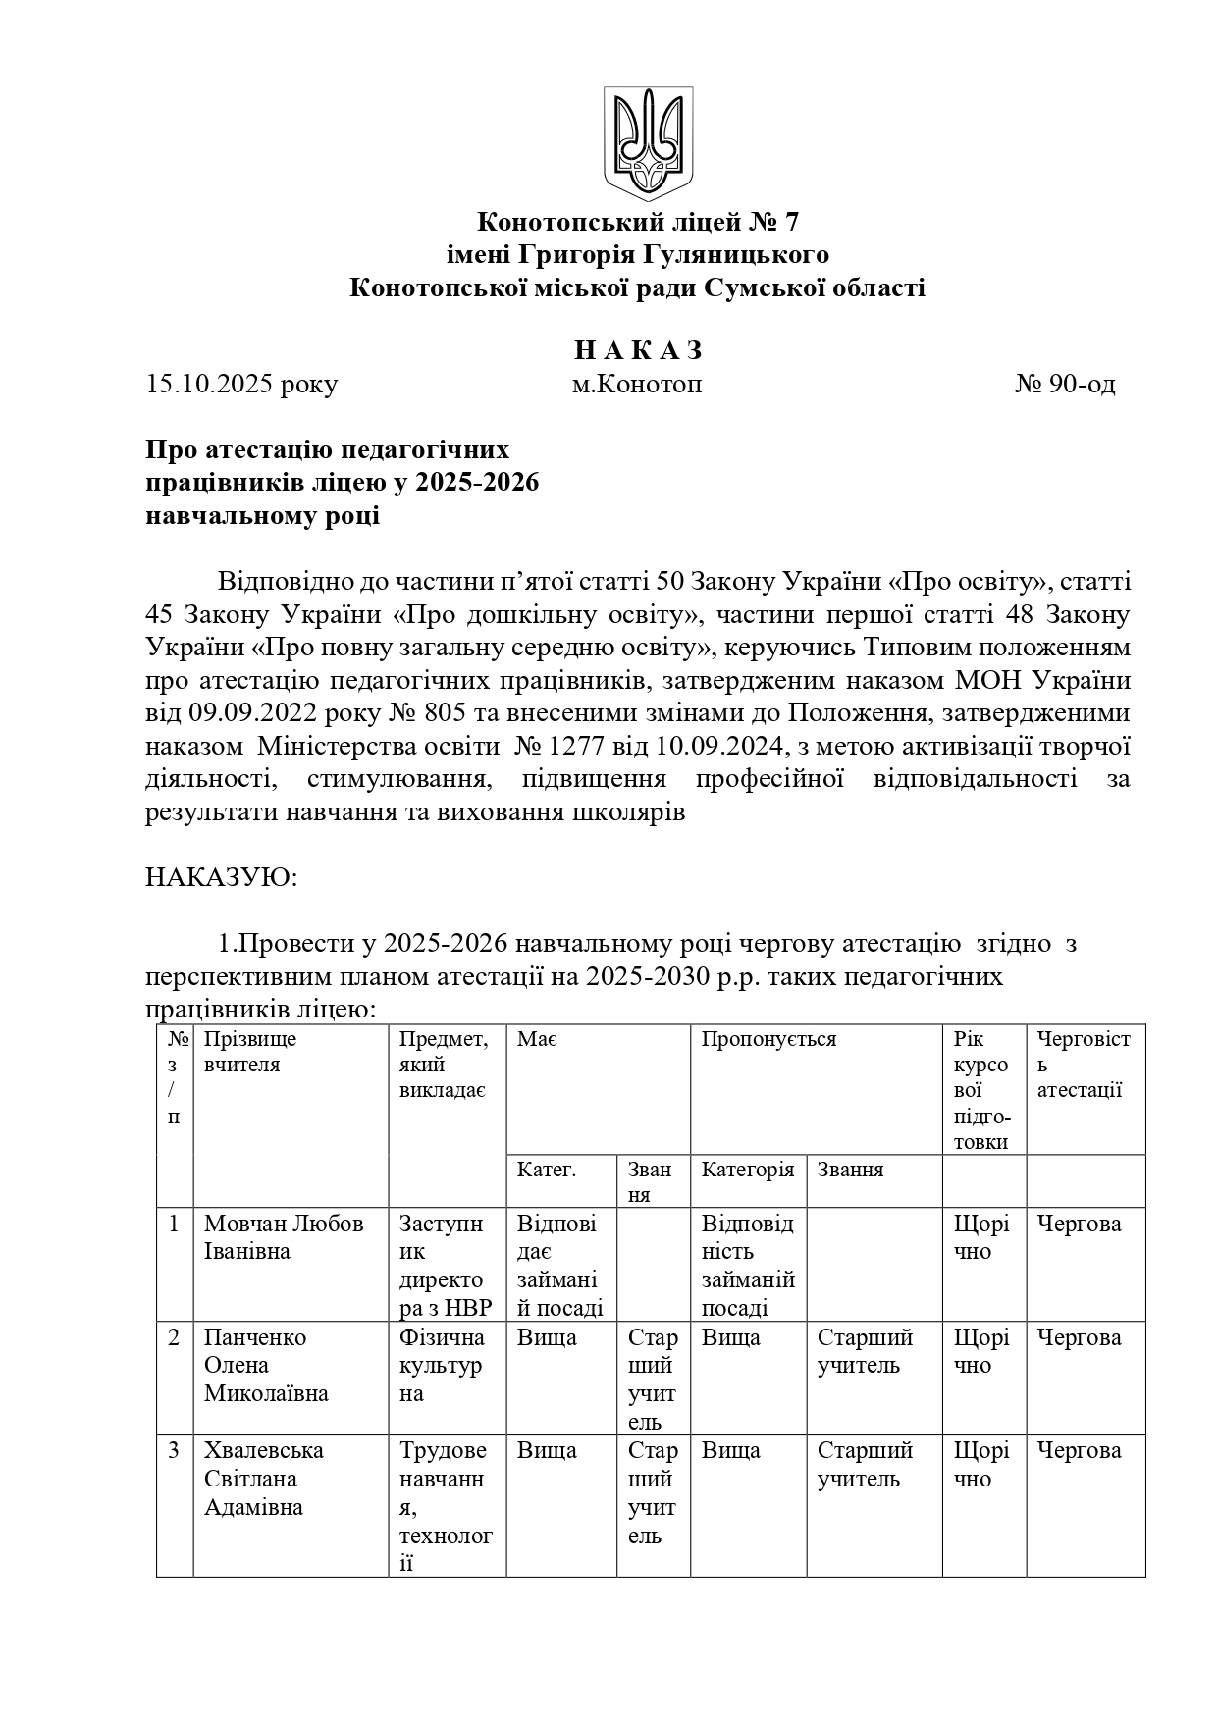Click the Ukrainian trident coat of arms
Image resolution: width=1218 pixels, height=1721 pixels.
[x=648, y=143]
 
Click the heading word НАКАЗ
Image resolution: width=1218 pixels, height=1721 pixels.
[x=638, y=351]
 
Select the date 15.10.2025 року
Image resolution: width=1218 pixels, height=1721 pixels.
[x=241, y=385]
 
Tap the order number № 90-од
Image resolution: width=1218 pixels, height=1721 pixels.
[x=1065, y=385]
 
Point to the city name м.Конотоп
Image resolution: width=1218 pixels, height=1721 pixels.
[x=637, y=385]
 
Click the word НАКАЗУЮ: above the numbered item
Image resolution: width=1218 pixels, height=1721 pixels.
[x=221, y=876]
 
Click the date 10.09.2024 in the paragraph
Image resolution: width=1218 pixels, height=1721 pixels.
[x=717, y=747]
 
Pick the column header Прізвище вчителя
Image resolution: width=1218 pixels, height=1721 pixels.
[x=250, y=1052]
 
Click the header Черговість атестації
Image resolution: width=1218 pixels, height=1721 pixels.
[x=1084, y=1065]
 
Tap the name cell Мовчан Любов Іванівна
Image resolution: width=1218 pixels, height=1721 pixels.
[x=284, y=1237]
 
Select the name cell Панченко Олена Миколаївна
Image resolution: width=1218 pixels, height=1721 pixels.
[x=266, y=1365]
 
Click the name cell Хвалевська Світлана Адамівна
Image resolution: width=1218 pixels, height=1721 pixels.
[x=264, y=1479]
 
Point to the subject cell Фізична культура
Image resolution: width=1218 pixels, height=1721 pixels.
[x=442, y=1365]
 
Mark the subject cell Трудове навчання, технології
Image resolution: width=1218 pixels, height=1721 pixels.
[x=446, y=1506]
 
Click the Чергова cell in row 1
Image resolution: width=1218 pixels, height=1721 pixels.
[x=1079, y=1224]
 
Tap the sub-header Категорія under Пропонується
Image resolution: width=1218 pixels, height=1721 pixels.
[x=747, y=1170]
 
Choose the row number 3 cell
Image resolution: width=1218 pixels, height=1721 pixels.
[x=174, y=1451]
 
